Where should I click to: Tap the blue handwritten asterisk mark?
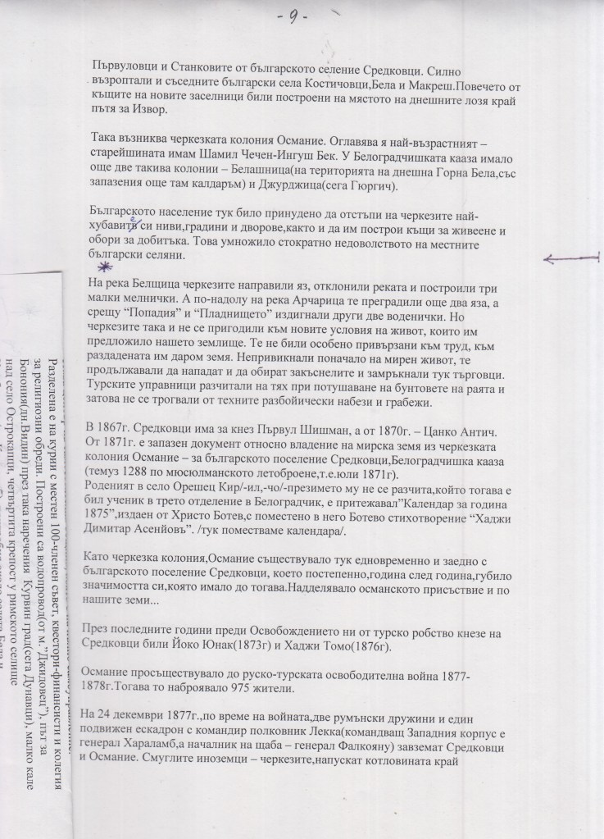coord(102,267)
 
